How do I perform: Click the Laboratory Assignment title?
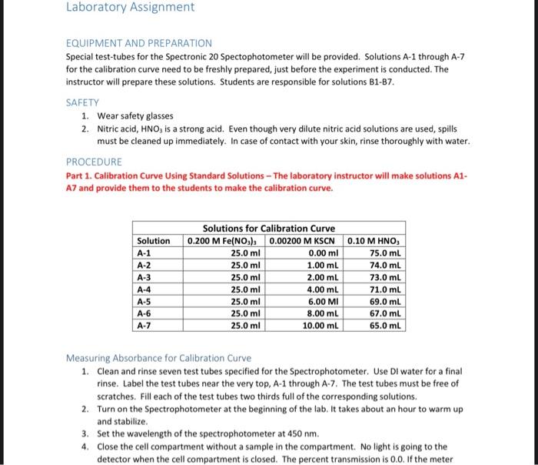[x=130, y=8]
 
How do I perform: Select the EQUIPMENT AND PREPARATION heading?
[x=138, y=43]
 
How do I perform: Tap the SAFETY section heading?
[x=83, y=102]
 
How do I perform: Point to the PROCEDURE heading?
[x=94, y=162]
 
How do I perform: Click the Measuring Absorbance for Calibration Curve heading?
[x=158, y=358]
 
